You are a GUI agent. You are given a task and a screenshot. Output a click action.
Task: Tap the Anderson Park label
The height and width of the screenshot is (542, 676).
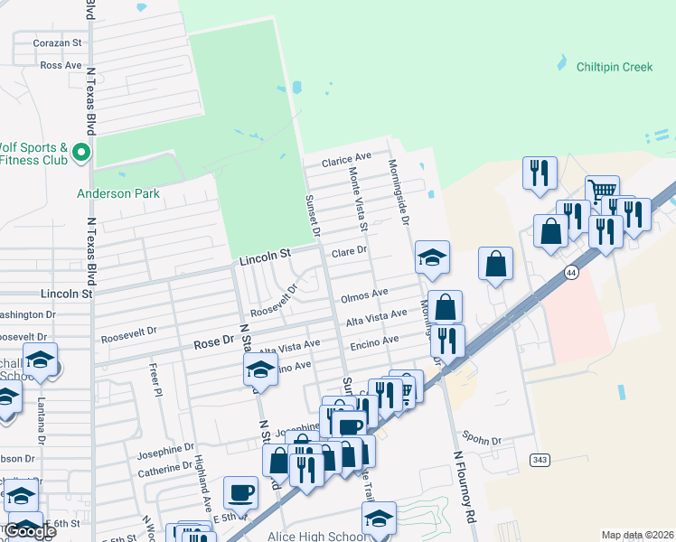tap(117, 193)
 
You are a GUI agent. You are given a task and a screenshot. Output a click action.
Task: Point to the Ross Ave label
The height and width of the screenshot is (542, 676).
tap(61, 65)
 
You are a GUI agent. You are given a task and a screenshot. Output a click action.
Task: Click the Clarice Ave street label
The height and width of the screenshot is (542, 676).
tap(347, 161)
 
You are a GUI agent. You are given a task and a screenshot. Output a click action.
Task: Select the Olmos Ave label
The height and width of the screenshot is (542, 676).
tap(364, 294)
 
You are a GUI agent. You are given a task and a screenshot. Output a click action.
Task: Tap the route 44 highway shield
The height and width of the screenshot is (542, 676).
tap(570, 272)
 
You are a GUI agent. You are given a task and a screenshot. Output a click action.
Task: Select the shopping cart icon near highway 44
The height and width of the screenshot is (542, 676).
tap(602, 191)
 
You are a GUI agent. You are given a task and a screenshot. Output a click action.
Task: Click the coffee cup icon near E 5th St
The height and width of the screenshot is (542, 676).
tap(240, 492)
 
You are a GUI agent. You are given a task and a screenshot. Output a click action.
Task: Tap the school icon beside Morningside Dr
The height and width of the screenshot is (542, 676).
tap(432, 257)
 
